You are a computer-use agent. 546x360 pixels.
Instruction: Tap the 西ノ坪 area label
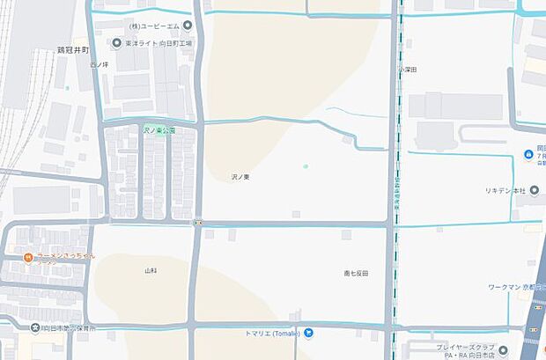click(98, 64)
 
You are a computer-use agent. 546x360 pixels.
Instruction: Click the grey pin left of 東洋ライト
click(118, 43)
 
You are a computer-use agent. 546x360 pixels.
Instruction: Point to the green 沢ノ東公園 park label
click(159, 130)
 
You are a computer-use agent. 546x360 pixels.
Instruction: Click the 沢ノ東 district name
click(240, 177)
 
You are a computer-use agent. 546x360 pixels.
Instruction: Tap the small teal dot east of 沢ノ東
click(306, 166)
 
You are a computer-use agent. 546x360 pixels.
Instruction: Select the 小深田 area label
click(407, 69)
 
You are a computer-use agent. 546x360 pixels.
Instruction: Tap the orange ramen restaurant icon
click(29, 257)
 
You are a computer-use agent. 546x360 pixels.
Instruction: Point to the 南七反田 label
click(357, 273)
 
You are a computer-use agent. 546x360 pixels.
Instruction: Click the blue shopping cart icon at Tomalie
click(309, 333)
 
